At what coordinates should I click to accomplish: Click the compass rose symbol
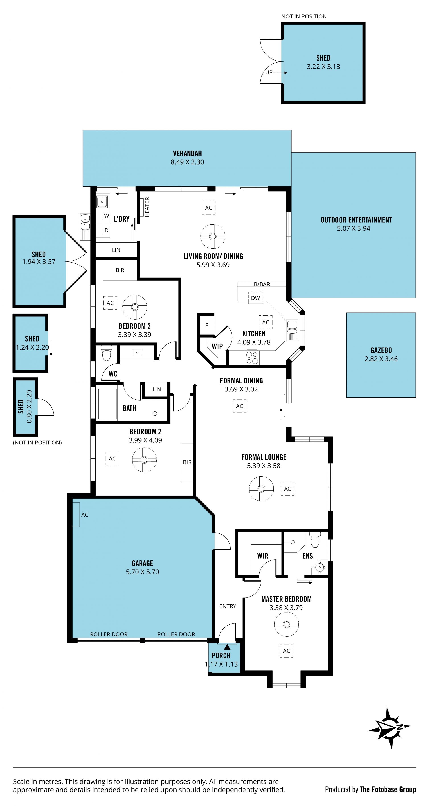(389, 728)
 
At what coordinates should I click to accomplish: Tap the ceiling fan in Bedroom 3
(135, 307)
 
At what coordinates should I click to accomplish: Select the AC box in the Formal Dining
(239, 406)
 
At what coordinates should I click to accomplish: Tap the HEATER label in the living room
(147, 207)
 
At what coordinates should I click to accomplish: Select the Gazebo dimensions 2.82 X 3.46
(381, 359)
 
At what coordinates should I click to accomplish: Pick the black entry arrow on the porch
(227, 647)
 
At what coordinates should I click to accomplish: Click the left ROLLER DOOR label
(109, 634)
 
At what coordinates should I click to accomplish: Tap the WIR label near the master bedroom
(263, 556)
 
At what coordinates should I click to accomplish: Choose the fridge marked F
(207, 325)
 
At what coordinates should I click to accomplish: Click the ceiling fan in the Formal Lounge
(261, 488)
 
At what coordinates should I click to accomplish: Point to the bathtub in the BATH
(107, 404)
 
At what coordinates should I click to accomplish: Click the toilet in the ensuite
(315, 539)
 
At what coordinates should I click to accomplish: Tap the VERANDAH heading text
(187, 153)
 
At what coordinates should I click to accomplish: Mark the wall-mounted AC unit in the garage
(76, 514)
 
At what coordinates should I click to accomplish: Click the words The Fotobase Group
(388, 790)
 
